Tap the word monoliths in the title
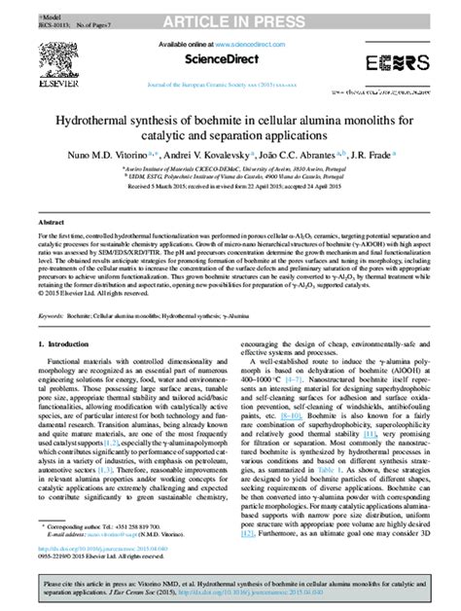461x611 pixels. tap(372, 121)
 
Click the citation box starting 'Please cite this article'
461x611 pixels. tap(230, 589)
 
